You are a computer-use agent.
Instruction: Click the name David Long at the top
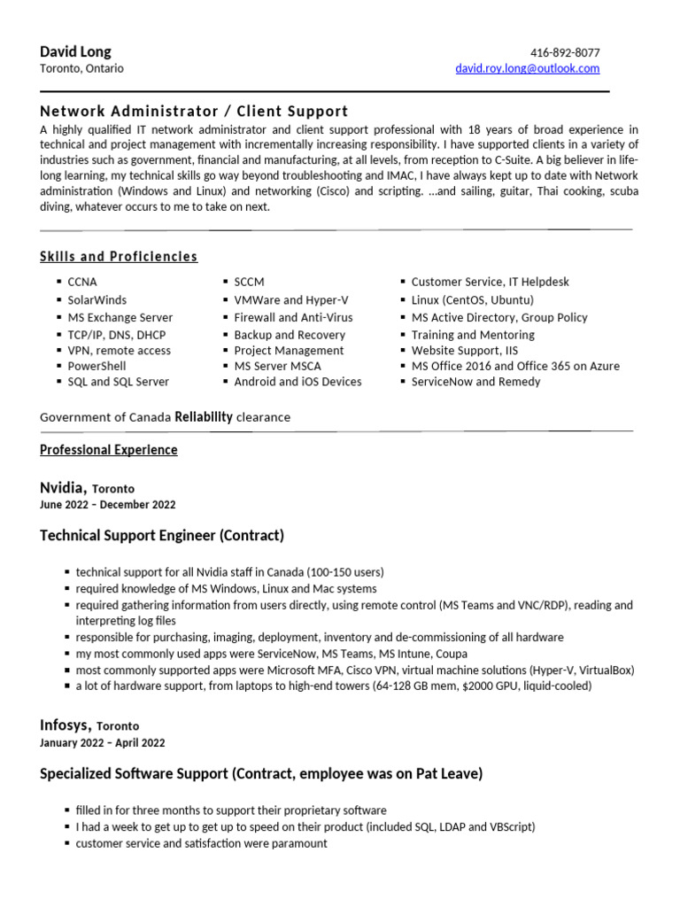[75, 51]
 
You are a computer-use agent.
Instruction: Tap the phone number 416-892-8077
[564, 52]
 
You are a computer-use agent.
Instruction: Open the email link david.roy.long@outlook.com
[527, 68]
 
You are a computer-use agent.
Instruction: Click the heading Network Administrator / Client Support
[194, 111]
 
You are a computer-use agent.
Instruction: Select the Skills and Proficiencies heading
[119, 257]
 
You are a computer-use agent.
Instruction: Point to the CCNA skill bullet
[82, 282]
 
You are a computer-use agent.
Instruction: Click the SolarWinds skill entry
[97, 300]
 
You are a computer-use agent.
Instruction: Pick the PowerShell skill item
[97, 366]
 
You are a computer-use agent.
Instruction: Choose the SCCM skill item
[251, 282]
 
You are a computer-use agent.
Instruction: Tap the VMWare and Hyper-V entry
[291, 300]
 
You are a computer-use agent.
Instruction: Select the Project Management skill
[289, 350]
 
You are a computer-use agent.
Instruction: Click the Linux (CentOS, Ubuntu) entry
[473, 300]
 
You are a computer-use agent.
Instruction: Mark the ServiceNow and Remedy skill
[475, 382]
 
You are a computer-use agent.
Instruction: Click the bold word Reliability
[204, 416]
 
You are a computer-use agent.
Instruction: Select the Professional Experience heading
[109, 450]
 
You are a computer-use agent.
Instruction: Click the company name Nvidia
[63, 487]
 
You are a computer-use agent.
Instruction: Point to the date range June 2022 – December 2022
[108, 505]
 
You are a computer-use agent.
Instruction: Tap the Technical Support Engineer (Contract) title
[162, 536]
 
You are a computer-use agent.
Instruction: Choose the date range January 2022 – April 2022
[102, 743]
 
